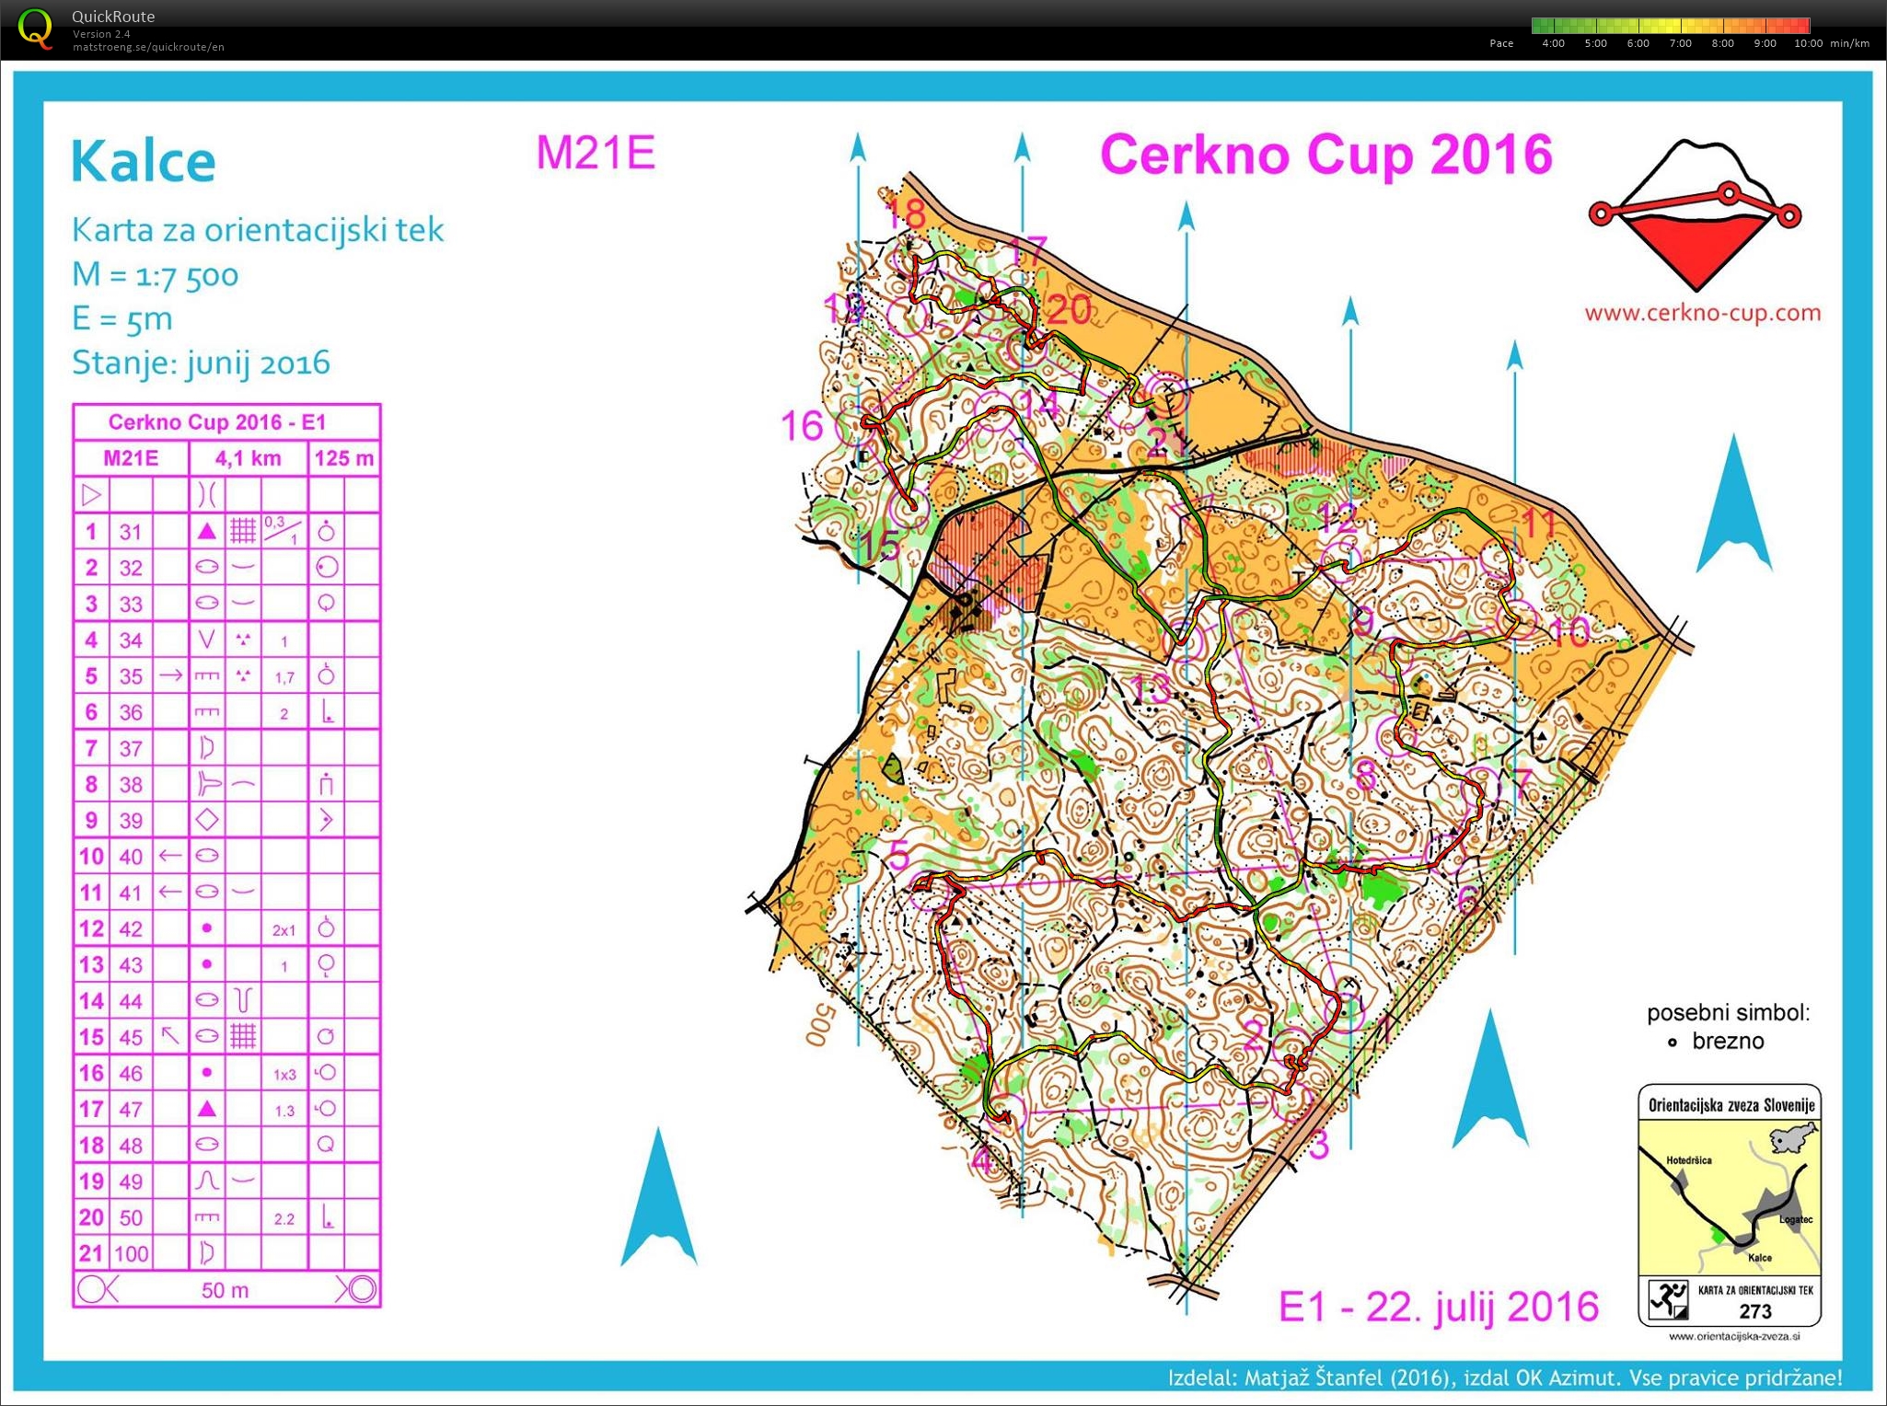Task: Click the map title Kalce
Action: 144,162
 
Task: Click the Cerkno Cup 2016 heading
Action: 1326,155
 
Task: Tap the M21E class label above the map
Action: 596,153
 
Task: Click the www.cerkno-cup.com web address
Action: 1702,313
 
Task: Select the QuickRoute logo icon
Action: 35,28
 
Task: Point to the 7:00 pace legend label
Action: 1680,43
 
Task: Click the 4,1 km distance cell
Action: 248,458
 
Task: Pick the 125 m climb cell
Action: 344,458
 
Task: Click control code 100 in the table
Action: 131,1253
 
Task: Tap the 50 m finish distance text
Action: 226,1290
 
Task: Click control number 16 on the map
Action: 801,426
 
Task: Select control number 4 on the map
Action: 982,1160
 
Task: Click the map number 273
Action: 1755,1311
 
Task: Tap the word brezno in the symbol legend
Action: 1728,1041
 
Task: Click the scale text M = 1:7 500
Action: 156,274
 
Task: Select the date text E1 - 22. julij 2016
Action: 1439,1307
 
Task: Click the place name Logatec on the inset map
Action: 1795,1219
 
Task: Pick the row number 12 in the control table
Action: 91,928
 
